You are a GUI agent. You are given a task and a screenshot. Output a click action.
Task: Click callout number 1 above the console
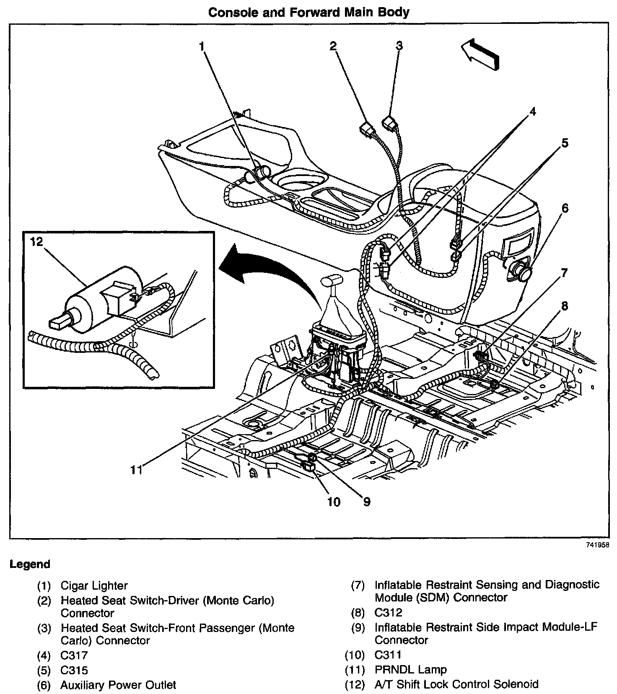(x=202, y=46)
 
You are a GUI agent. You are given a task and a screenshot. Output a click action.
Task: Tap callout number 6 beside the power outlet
(x=565, y=208)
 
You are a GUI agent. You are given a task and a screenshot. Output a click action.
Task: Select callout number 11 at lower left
(x=136, y=470)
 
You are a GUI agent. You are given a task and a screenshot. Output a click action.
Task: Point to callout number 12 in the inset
(x=37, y=242)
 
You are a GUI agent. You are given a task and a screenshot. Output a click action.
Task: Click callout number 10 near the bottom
(x=334, y=501)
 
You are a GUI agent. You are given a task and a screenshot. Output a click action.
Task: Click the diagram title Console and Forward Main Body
(x=308, y=12)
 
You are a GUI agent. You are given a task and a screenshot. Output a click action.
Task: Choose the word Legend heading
(x=30, y=564)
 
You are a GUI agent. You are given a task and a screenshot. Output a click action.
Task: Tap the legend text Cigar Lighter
(x=94, y=585)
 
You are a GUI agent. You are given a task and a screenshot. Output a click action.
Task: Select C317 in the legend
(x=74, y=655)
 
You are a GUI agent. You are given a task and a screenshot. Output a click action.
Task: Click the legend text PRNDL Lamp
(x=411, y=670)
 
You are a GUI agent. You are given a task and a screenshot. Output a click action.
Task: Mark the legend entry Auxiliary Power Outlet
(x=118, y=685)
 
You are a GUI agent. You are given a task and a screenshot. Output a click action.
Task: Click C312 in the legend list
(x=388, y=613)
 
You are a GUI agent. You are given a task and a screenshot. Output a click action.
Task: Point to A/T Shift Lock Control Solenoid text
(x=456, y=684)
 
